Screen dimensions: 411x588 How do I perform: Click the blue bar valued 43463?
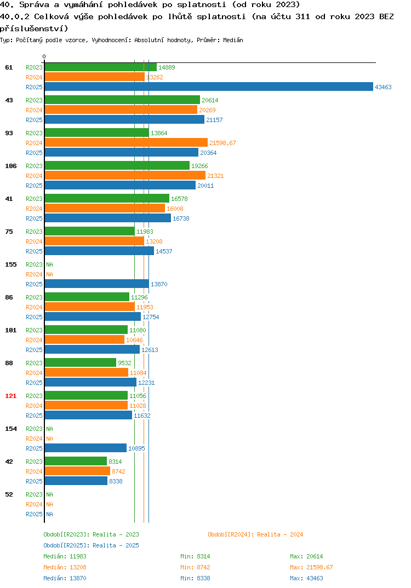(x=209, y=87)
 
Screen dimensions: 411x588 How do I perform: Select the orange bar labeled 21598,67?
(x=126, y=142)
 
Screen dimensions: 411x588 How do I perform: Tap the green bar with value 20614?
(x=122, y=100)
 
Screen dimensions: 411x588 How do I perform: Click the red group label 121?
(x=11, y=396)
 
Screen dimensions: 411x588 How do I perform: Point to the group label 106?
(x=11, y=166)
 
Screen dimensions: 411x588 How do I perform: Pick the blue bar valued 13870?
(x=97, y=284)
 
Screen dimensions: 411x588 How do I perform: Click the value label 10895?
(x=136, y=448)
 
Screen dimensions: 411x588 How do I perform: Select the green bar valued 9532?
(x=81, y=362)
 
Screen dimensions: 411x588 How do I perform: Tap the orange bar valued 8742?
(x=78, y=471)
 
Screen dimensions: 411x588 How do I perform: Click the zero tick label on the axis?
(x=44, y=56)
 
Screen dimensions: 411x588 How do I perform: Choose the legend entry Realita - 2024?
(x=255, y=534)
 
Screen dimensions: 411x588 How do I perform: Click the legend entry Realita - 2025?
(x=91, y=545)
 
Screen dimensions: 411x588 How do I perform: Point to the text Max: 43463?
(x=306, y=578)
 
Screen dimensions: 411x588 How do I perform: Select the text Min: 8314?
(x=195, y=556)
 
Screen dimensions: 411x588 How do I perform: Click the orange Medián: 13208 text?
(x=65, y=567)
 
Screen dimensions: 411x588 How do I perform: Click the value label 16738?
(x=181, y=218)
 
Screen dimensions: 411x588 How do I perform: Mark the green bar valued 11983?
(x=90, y=231)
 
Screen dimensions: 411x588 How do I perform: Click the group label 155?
(x=11, y=265)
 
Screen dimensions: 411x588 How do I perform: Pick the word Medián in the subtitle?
(x=233, y=40)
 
